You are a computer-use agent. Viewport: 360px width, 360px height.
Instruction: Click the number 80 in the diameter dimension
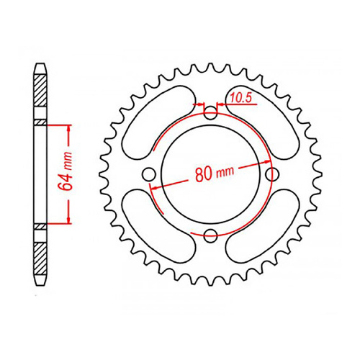pos(203,174)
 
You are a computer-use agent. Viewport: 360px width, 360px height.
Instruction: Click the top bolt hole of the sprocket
pos(210,112)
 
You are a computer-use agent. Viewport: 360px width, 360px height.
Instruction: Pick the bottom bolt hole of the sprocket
pos(210,235)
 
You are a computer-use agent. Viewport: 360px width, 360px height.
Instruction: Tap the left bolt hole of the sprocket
pos(149,174)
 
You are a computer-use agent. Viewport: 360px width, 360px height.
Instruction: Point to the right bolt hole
pos(271,174)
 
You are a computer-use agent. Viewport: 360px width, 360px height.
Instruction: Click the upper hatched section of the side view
pos(40,97)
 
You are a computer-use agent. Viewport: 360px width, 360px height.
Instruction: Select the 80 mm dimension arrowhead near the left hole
pos(154,185)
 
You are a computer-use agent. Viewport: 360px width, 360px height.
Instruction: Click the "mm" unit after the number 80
pos(226,171)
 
